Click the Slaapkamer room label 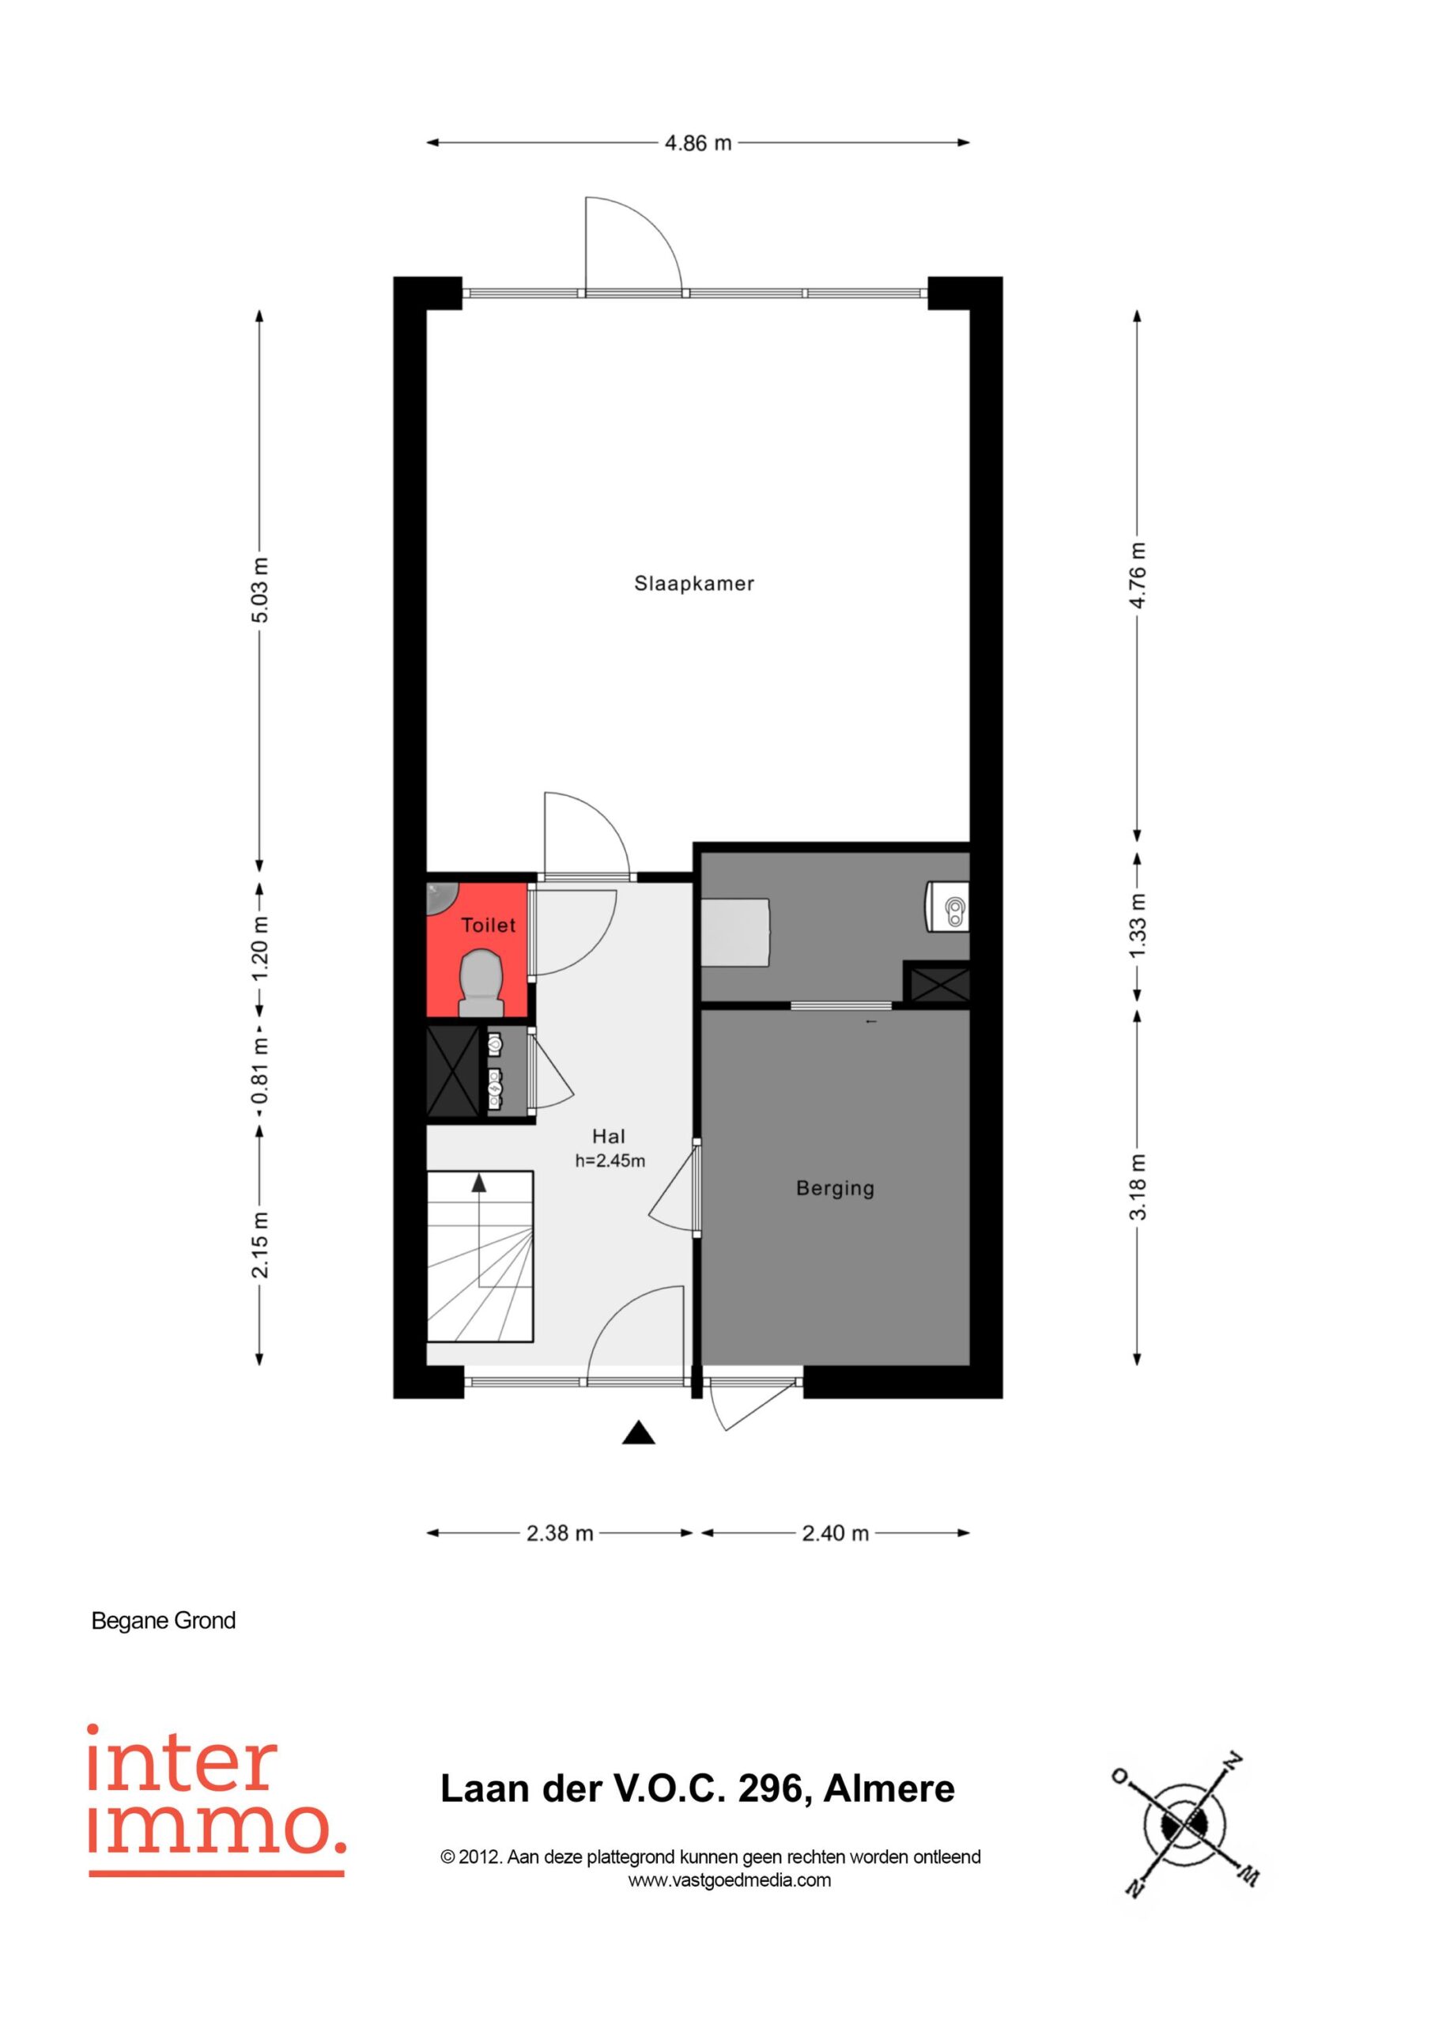(x=694, y=583)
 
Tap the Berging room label (x=835, y=1188)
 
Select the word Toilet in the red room (x=489, y=925)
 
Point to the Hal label (x=609, y=1137)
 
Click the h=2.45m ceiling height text (x=610, y=1161)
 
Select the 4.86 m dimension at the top (x=698, y=143)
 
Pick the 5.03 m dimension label (x=260, y=590)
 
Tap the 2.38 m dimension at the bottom (x=560, y=1534)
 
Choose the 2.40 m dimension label (x=835, y=1534)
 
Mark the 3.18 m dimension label (x=1138, y=1187)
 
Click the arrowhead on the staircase (x=479, y=1183)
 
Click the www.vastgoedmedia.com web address (x=729, y=1880)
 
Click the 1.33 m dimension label (x=1138, y=925)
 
